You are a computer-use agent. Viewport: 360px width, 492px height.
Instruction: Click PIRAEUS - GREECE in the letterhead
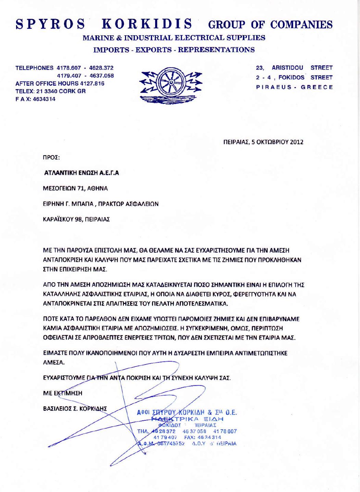point(295,87)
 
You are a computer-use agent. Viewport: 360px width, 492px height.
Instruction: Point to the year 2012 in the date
point(297,142)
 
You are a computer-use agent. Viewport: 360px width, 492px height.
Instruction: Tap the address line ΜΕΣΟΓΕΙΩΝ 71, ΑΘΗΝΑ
point(75,188)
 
